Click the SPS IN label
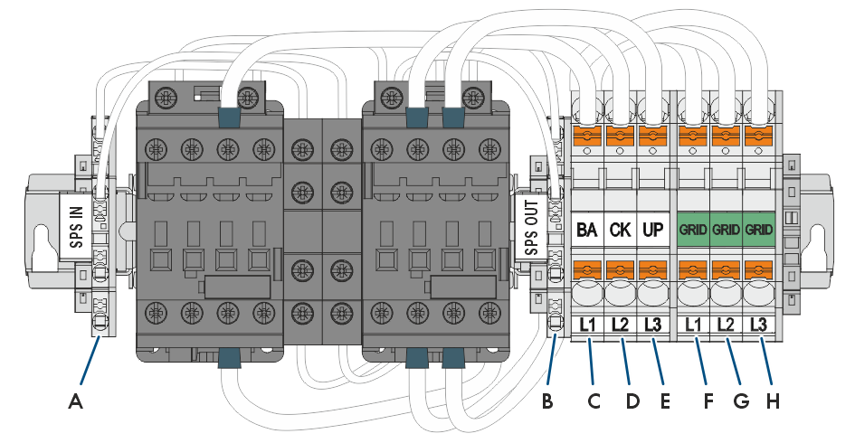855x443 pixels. (78, 227)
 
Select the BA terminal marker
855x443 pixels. (586, 230)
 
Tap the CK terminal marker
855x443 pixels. (620, 230)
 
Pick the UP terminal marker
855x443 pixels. (652, 230)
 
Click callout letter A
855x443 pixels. (76, 402)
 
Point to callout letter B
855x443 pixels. (547, 402)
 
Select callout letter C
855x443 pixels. (594, 402)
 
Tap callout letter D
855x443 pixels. (632, 402)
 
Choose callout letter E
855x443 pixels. (665, 402)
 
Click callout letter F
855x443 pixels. (708, 402)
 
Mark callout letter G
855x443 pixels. (742, 402)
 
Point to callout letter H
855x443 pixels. (773, 402)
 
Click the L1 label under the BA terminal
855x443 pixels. (587, 325)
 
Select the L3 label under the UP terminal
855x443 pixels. (652, 325)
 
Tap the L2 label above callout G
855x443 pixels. (726, 325)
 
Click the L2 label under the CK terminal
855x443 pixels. (620, 325)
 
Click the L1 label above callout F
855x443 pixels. (693, 325)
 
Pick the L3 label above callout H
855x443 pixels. (758, 325)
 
